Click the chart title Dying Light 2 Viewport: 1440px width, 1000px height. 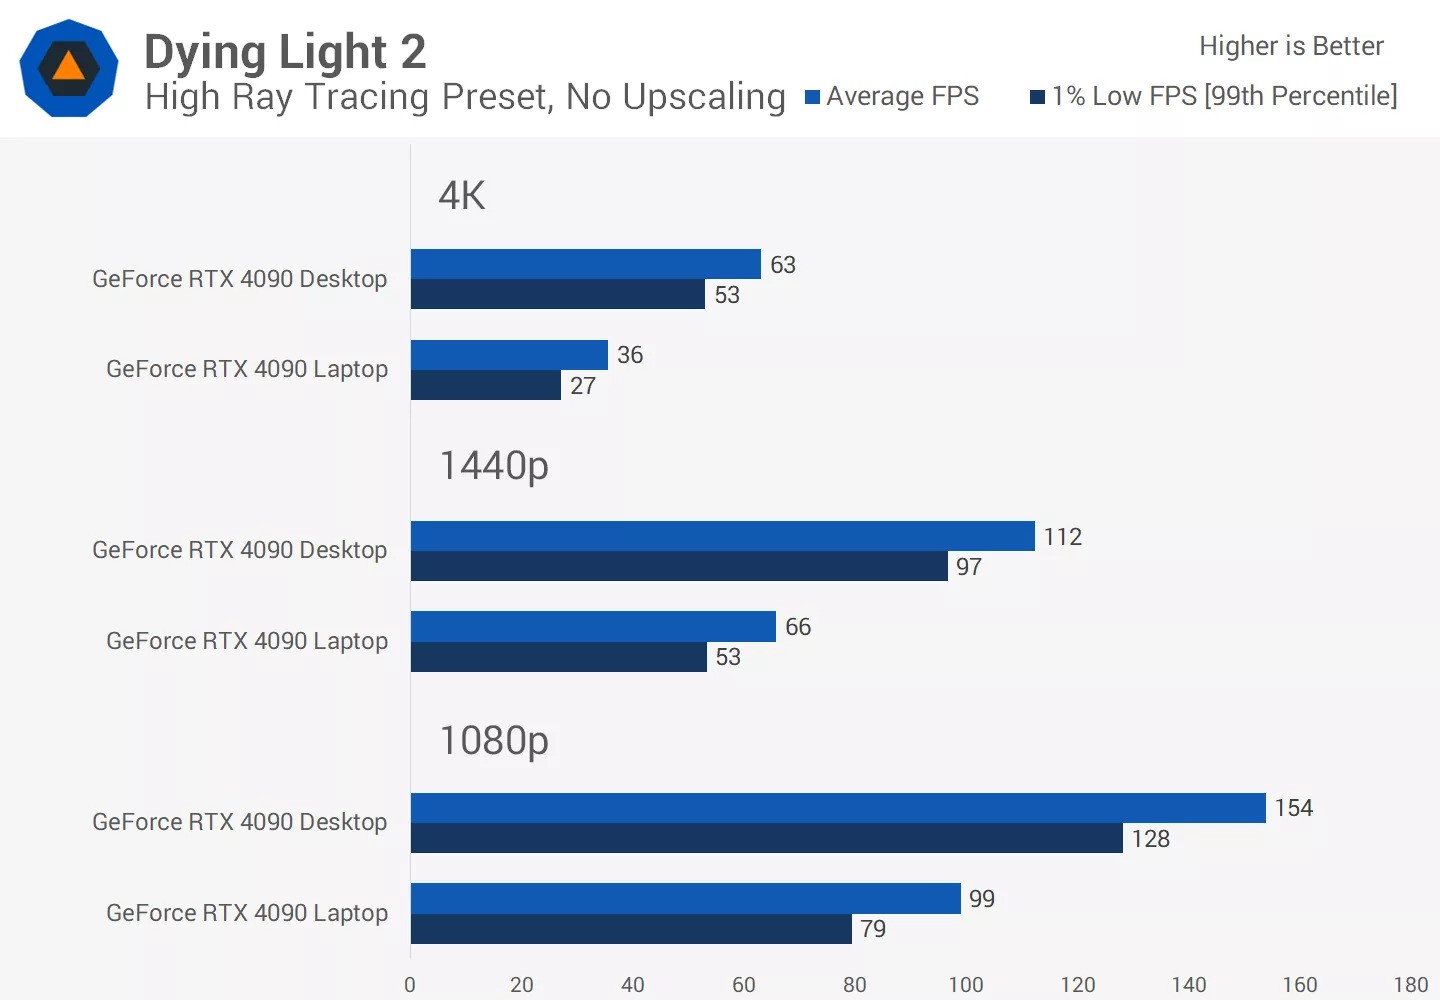tap(285, 52)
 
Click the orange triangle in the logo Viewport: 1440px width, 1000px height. tap(68, 67)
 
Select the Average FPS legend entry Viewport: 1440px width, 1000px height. tap(892, 96)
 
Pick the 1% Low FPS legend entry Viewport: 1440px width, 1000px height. tap(1214, 96)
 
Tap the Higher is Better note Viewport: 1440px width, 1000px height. tap(1290, 46)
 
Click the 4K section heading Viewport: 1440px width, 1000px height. tap(462, 196)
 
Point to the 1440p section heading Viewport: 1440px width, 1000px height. tap(494, 466)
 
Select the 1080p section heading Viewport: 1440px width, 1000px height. tap(494, 741)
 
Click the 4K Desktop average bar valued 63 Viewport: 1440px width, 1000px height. tap(585, 264)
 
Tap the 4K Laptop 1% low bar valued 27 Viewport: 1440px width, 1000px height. tap(485, 385)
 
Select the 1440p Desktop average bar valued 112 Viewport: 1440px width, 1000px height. tap(722, 536)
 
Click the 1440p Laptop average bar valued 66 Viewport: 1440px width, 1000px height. tap(593, 627)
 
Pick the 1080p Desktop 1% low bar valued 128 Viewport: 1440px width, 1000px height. tap(766, 838)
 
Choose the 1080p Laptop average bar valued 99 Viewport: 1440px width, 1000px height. tap(685, 898)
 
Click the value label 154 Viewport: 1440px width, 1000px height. tap(1293, 808)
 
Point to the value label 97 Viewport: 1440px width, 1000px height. tap(968, 567)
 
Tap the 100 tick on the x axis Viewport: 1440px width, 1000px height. tap(966, 984)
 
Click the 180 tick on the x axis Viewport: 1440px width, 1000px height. tap(1410, 984)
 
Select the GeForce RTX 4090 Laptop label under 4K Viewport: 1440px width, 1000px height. tap(247, 369)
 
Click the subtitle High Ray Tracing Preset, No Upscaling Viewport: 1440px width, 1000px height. tap(465, 97)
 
